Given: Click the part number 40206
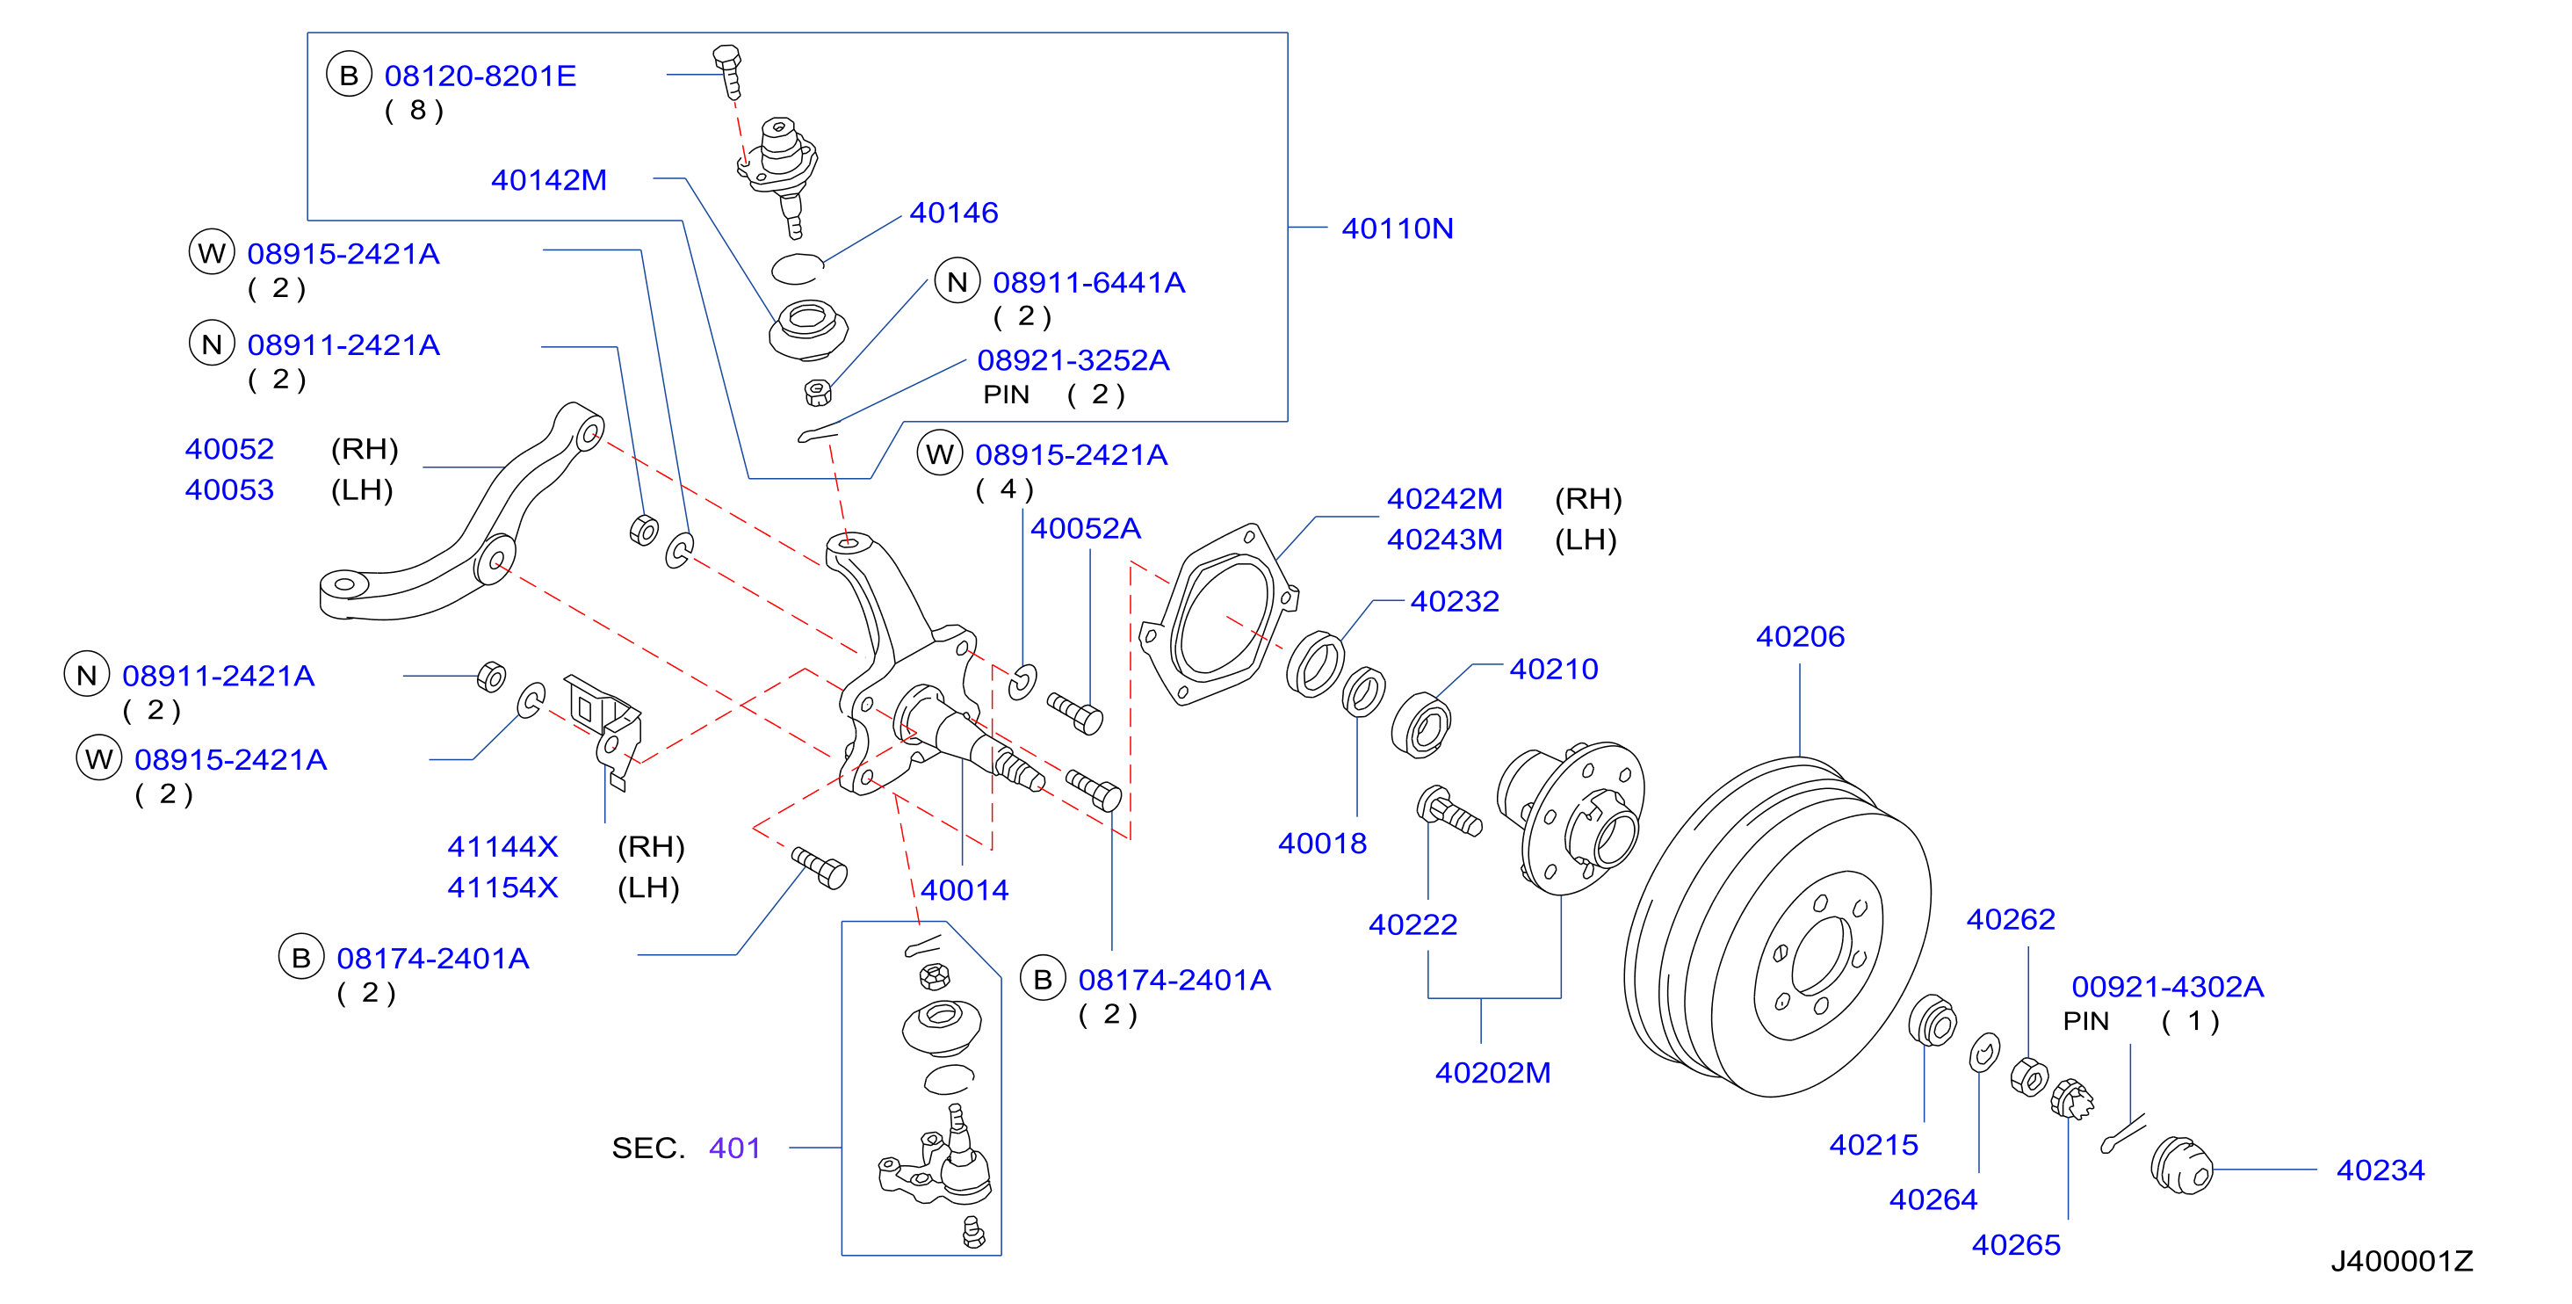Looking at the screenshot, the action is pos(1799,636).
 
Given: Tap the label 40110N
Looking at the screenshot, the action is pos(1397,228).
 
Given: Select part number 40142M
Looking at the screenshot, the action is pos(548,180).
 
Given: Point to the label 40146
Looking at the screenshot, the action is pos(953,213).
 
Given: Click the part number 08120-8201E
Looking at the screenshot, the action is pos(480,76).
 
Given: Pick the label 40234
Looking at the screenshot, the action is pos(2381,1170).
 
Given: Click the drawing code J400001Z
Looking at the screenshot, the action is pos(2402,1261).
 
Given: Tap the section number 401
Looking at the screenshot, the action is pos(735,1148).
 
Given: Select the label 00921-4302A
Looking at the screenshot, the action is pos(2168,987).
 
